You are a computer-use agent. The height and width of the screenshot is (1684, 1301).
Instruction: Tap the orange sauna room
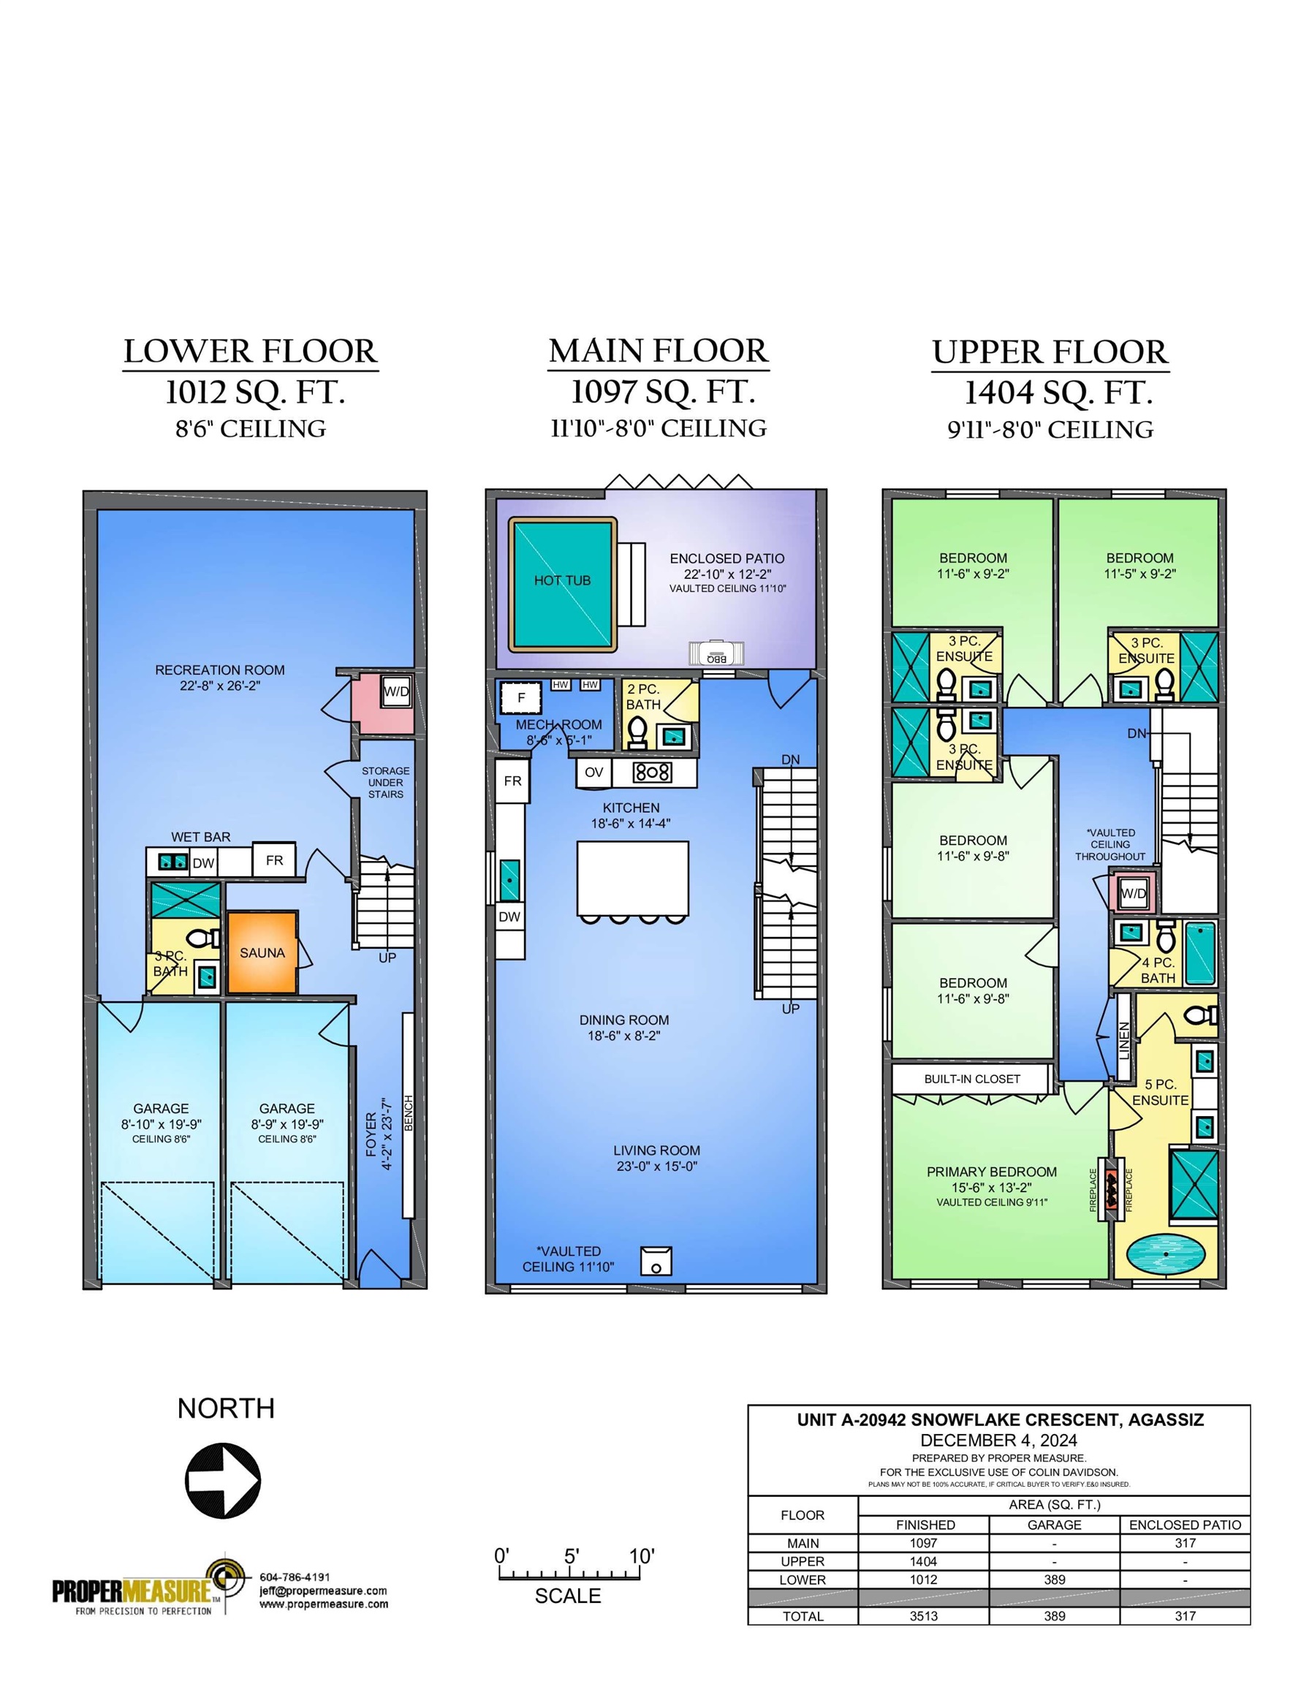pyautogui.click(x=262, y=953)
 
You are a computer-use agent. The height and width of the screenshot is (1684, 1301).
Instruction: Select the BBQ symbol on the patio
pyautogui.click(x=717, y=652)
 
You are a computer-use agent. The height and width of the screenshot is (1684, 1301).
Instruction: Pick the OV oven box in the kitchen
pyautogui.click(x=593, y=772)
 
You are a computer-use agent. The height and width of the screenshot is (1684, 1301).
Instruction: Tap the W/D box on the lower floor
pyautogui.click(x=396, y=691)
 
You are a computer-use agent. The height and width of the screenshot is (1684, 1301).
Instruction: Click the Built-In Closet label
pyautogui.click(x=971, y=1079)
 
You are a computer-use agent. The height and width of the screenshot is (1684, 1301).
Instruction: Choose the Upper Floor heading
pyautogui.click(x=1050, y=352)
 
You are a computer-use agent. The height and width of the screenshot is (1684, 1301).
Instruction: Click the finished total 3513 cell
pyautogui.click(x=924, y=1615)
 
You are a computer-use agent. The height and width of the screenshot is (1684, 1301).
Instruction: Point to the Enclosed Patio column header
pyautogui.click(x=1186, y=1525)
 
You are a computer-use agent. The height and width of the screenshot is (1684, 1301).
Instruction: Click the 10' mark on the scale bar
pyautogui.click(x=642, y=1556)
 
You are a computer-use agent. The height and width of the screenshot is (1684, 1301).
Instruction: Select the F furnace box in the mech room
pyautogui.click(x=521, y=699)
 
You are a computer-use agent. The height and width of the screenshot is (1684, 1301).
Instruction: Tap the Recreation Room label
pyautogui.click(x=220, y=670)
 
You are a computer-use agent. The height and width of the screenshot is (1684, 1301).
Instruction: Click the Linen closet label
pyautogui.click(x=1124, y=1040)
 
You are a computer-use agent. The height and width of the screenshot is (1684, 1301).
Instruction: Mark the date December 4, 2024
pyautogui.click(x=998, y=1441)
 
